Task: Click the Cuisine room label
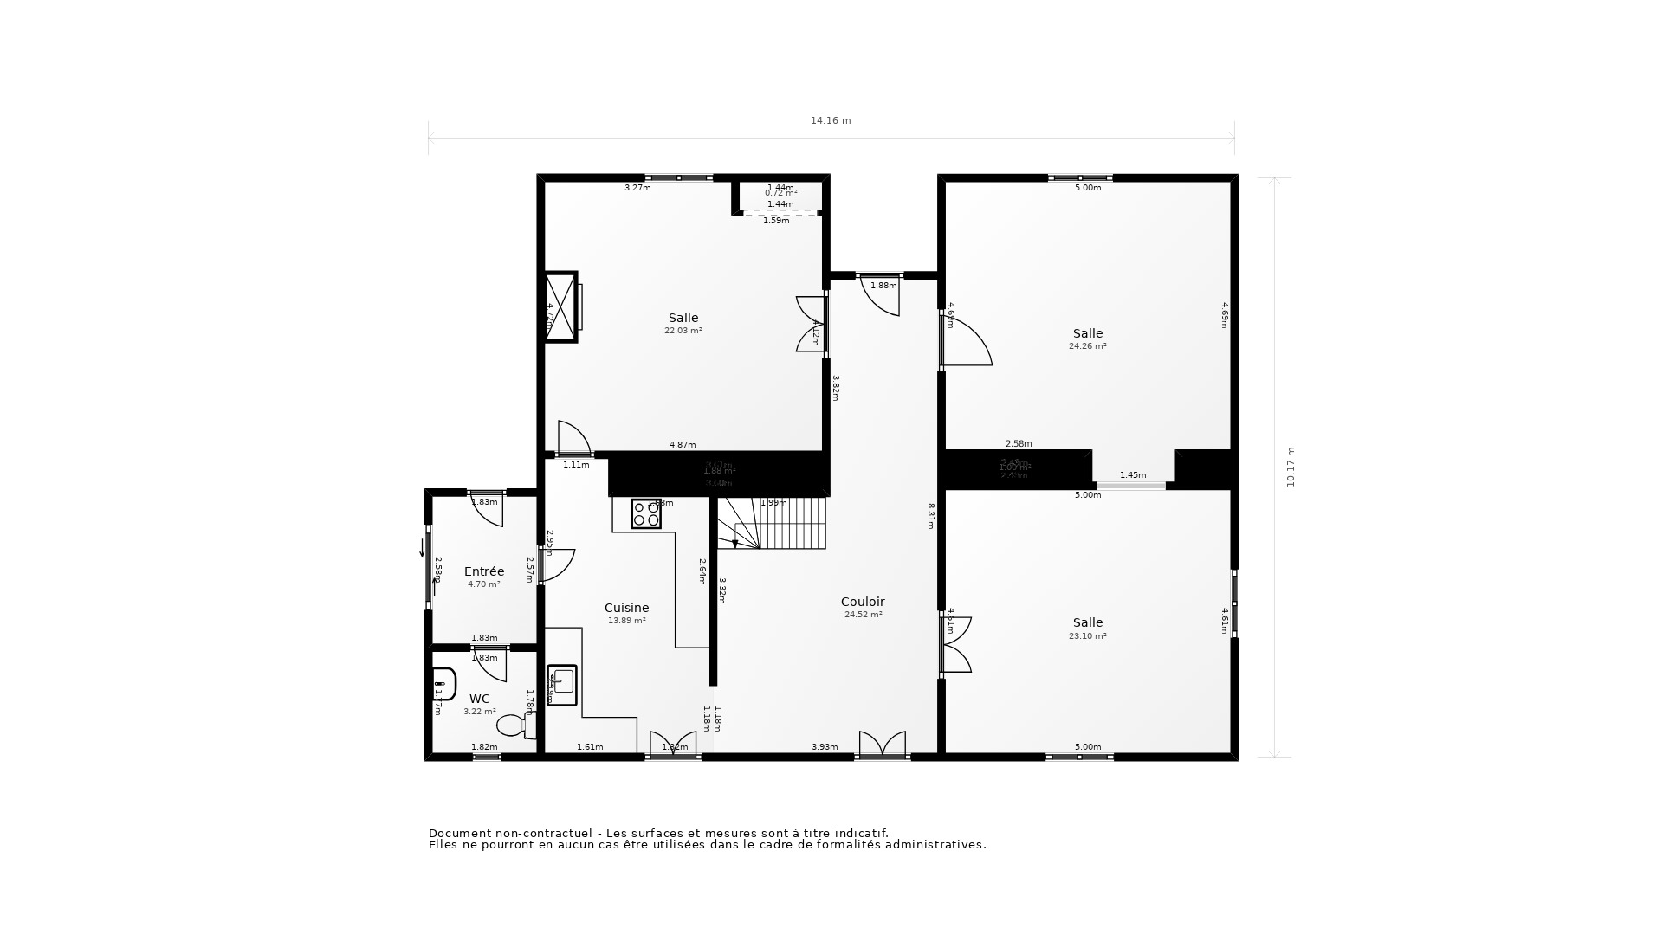click(626, 608)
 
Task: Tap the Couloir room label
click(863, 602)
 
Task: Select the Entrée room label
click(484, 571)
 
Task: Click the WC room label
click(479, 699)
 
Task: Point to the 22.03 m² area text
click(683, 331)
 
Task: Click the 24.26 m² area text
click(1087, 346)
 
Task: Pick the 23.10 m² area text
click(1087, 636)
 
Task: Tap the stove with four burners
click(646, 514)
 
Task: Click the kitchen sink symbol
click(562, 684)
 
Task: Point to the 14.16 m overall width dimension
click(831, 121)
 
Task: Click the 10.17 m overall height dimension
click(1291, 467)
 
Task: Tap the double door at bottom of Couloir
click(882, 745)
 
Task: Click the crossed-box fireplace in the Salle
click(560, 306)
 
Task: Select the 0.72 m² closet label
click(780, 193)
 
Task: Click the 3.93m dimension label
click(825, 747)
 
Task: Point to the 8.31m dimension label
click(931, 516)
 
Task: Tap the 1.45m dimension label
click(1132, 475)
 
